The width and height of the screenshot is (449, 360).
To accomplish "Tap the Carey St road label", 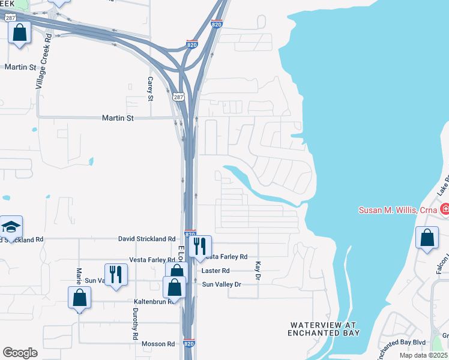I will (x=151, y=88).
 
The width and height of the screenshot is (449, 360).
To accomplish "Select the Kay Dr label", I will (x=257, y=271).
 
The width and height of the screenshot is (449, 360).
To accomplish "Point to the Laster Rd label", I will (x=217, y=271).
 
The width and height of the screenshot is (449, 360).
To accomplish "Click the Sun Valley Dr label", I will (x=221, y=284).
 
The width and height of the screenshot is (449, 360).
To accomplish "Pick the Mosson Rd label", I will (x=158, y=344).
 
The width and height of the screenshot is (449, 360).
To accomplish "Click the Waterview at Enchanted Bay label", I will (x=325, y=329).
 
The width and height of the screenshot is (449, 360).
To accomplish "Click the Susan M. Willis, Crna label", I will (x=398, y=210).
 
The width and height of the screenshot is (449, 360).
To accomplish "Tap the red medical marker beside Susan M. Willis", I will (x=445, y=210).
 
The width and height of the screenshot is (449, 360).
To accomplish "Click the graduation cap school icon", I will (x=11, y=227).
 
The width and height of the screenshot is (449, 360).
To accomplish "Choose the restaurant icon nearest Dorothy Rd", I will (x=116, y=274).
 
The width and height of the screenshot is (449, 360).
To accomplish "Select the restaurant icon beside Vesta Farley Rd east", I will (x=200, y=245).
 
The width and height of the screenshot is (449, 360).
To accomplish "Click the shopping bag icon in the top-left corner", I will (x=20, y=32).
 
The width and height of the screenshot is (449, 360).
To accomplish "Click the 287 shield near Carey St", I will (x=179, y=96).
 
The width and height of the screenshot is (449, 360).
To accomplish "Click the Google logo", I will (x=20, y=353).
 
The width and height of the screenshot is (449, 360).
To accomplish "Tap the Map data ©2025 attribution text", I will (x=423, y=355).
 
